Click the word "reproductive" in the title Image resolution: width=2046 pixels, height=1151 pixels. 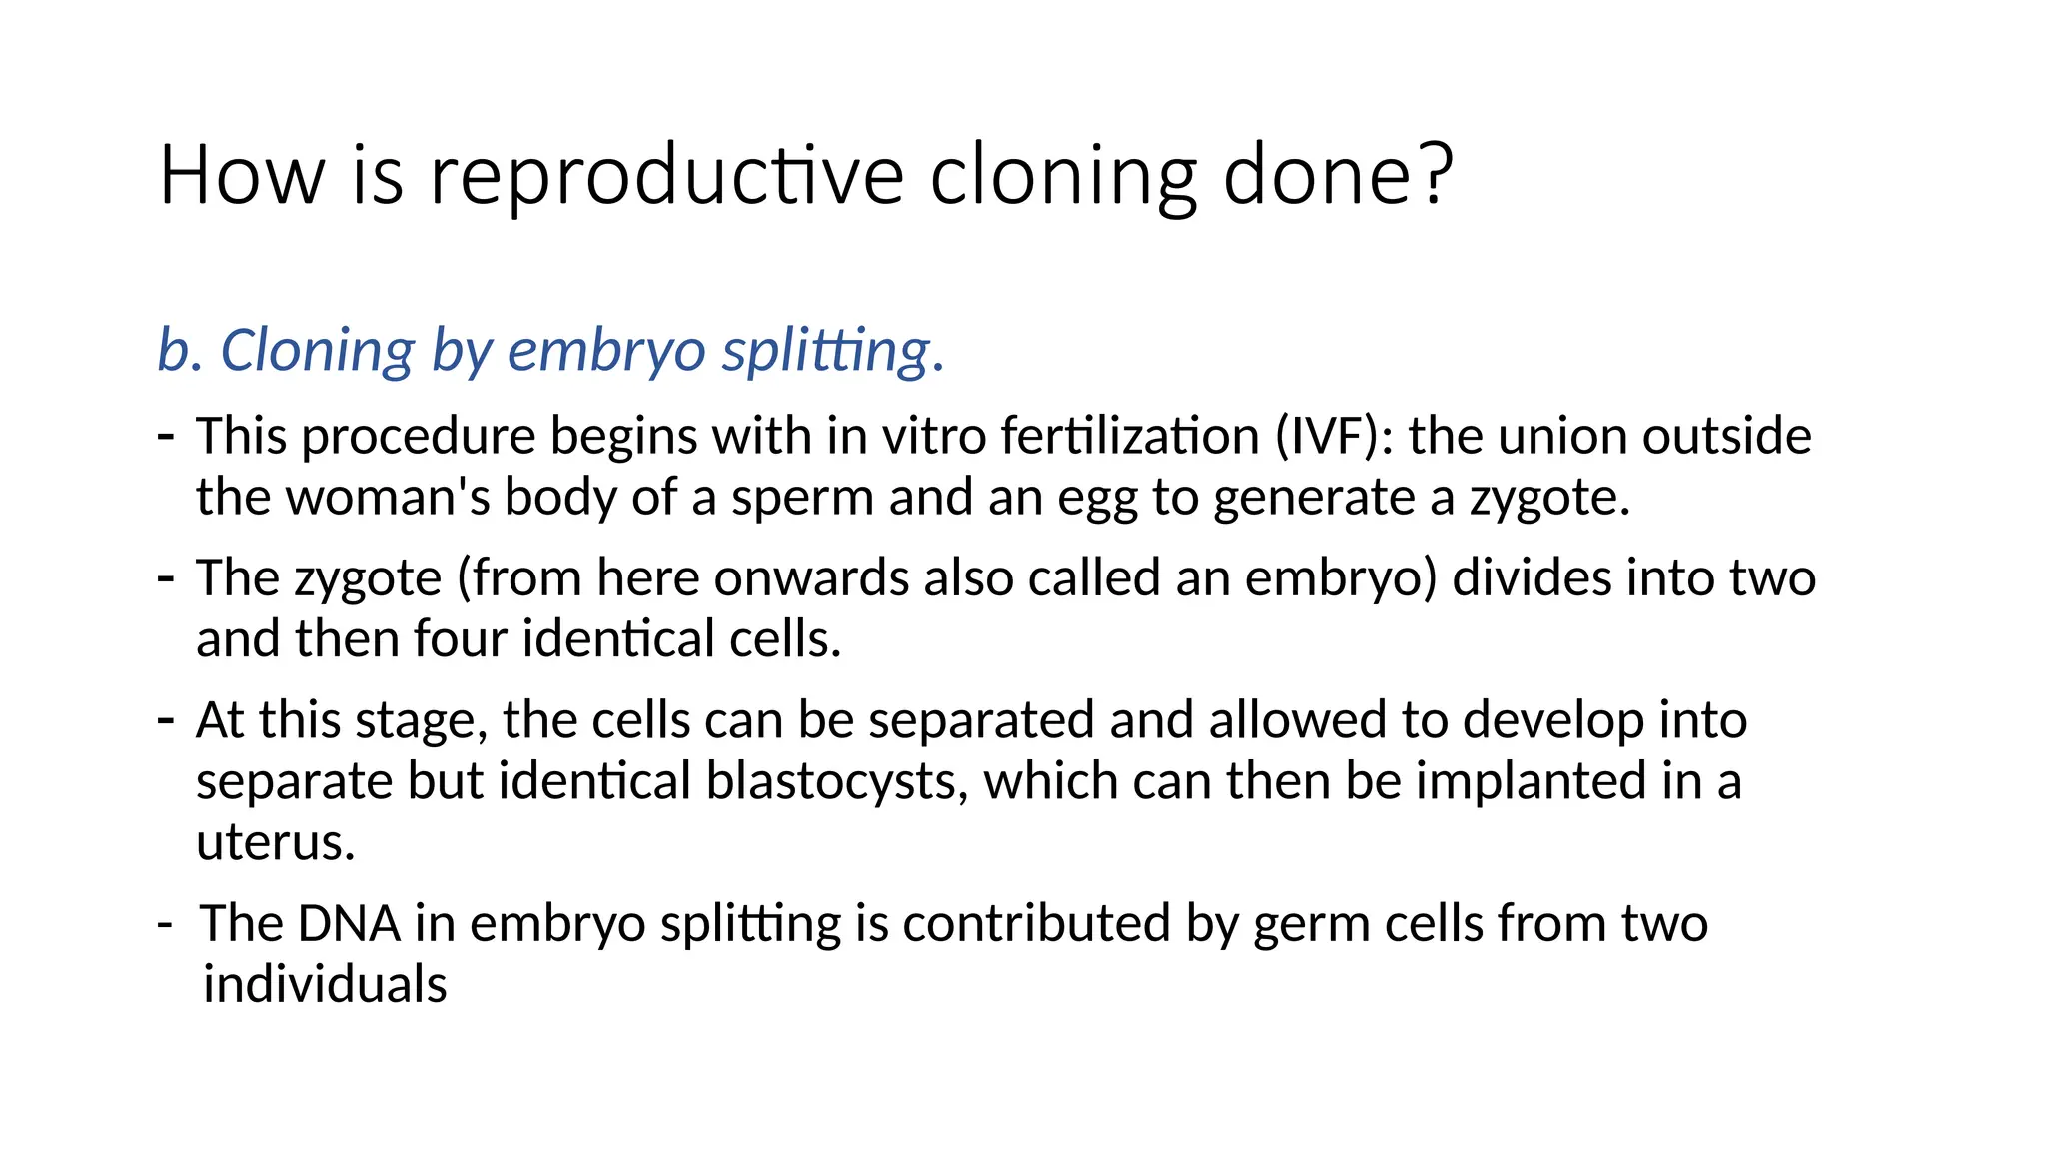(x=666, y=176)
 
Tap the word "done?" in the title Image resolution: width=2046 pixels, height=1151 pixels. (x=1338, y=176)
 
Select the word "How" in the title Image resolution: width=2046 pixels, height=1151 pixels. (x=241, y=176)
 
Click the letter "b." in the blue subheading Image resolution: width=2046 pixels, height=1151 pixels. (x=180, y=351)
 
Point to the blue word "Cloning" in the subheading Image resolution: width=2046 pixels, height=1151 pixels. (x=317, y=351)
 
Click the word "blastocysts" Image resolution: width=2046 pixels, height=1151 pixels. (x=837, y=781)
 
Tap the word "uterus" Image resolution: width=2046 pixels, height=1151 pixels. (x=275, y=842)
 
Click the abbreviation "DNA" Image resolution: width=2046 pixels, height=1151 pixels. (x=349, y=923)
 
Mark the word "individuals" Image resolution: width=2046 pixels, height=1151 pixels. (x=325, y=985)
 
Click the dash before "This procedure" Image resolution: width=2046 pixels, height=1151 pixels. (x=167, y=436)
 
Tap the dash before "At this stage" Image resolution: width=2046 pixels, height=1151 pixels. (x=167, y=719)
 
